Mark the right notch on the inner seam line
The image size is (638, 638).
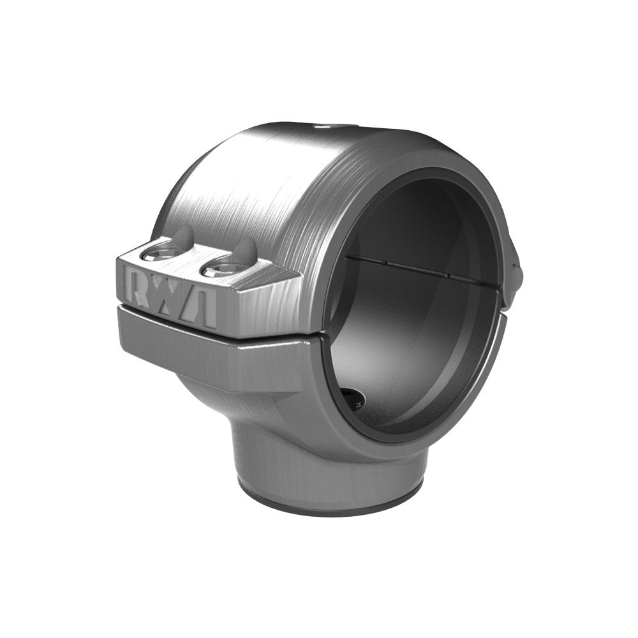click(x=447, y=276)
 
